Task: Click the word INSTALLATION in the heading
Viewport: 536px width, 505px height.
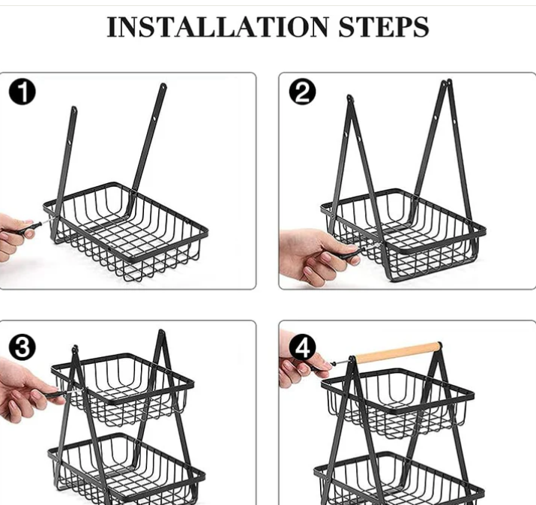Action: (217, 27)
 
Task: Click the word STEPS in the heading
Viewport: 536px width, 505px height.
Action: (384, 27)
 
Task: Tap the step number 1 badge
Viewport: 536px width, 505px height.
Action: (22, 92)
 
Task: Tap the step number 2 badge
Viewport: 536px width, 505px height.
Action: (303, 92)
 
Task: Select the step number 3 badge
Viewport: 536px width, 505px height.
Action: (22, 347)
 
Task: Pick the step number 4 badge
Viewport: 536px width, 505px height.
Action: (303, 348)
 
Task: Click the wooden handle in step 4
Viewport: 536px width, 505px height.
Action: (398, 352)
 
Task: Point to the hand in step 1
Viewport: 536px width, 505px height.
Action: (16, 237)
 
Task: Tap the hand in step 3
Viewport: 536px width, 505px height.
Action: (27, 390)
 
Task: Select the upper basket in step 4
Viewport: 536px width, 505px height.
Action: (397, 404)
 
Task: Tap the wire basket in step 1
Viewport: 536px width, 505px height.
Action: (126, 232)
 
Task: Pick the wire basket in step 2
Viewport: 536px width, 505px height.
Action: (403, 236)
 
